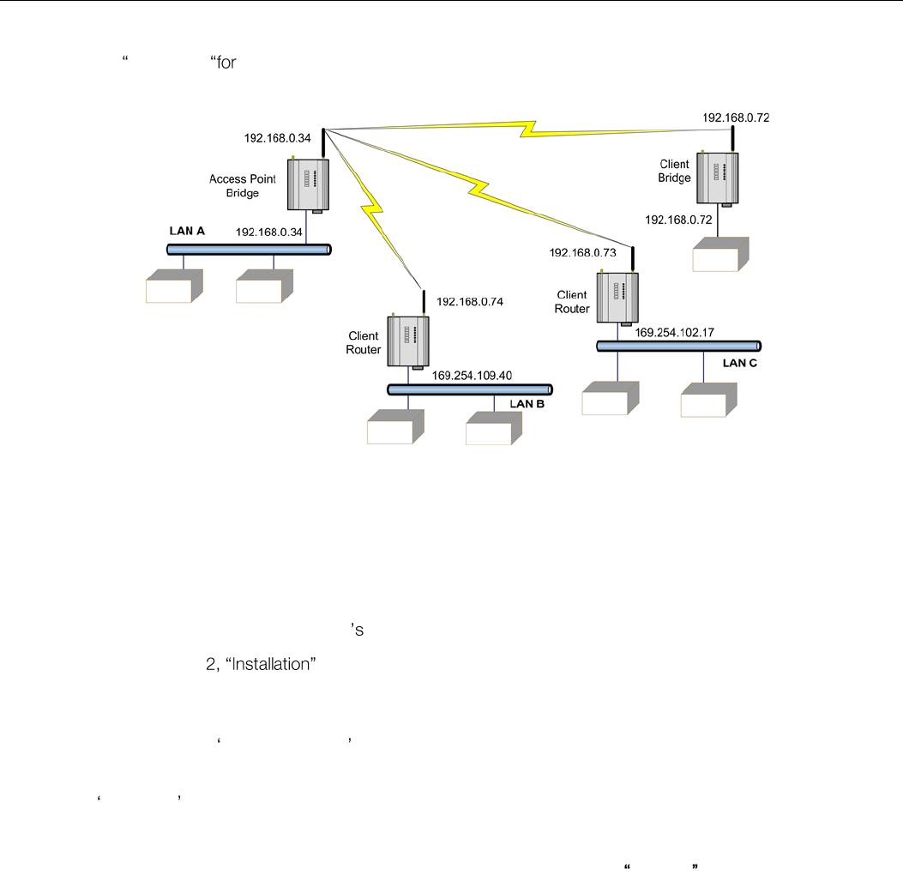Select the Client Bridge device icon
tap(719, 178)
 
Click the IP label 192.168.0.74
tap(469, 302)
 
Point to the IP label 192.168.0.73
tap(583, 253)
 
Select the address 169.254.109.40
tap(472, 375)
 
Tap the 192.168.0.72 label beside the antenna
tap(736, 118)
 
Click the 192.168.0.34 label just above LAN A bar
tap(269, 232)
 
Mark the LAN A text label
tap(187, 232)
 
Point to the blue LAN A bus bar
tap(250, 249)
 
